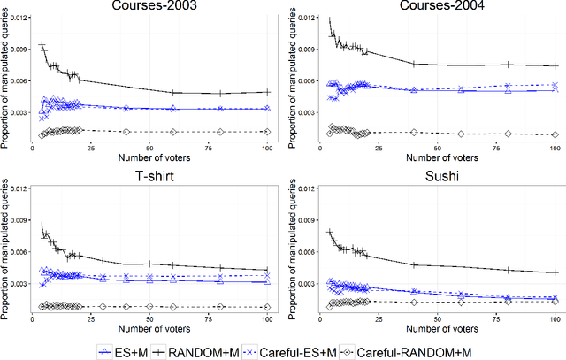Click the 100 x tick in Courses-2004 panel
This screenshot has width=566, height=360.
coord(555,147)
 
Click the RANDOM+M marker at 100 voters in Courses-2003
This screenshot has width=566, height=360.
coord(269,92)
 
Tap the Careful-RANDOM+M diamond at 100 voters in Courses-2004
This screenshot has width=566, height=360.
coord(555,134)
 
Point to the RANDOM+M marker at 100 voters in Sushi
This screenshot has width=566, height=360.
coord(555,272)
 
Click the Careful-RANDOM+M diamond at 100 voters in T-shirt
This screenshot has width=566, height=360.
coord(269,306)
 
